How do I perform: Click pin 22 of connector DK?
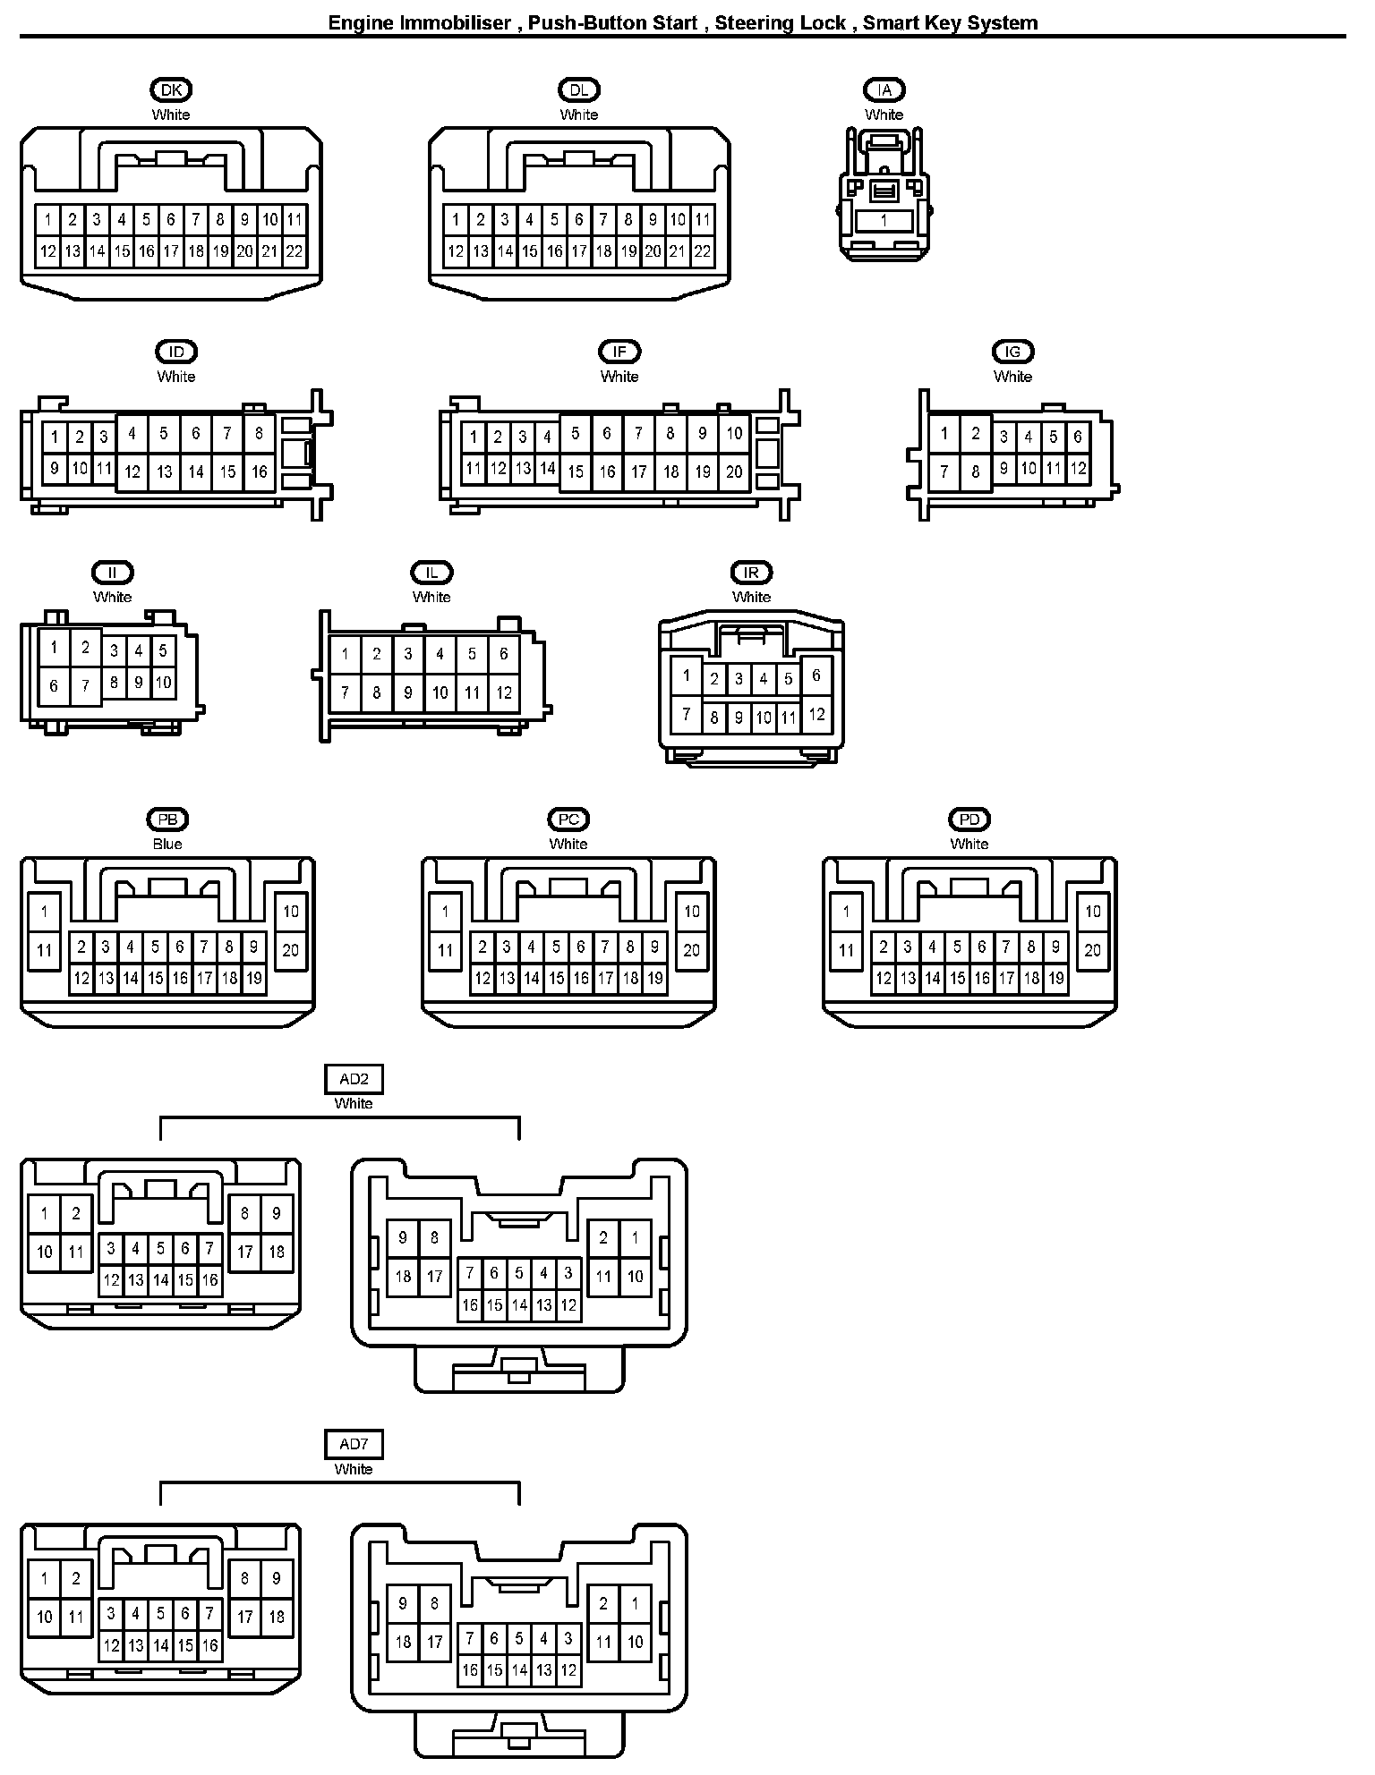pos(295,252)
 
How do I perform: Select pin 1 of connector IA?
pos(884,220)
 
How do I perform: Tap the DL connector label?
pos(579,89)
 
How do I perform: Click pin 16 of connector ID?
pos(260,471)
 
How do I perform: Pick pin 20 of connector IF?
pos(734,471)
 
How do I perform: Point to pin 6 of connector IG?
pos(1078,437)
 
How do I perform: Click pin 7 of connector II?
pos(86,686)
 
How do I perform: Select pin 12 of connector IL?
pos(504,692)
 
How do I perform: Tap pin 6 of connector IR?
pos(816,676)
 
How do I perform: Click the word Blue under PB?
pos(167,844)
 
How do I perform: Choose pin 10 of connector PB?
pos(291,912)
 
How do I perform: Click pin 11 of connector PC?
pos(446,950)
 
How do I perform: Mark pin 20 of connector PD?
pos(1093,950)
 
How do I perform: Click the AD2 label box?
pos(354,1080)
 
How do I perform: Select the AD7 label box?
pos(354,1444)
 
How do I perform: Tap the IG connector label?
pos(1012,352)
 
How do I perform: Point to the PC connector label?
pos(568,820)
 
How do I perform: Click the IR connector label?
pos(751,573)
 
